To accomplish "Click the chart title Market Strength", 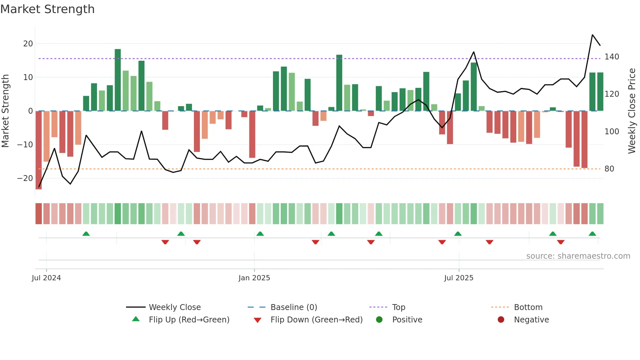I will coord(47,9).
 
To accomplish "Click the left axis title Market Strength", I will coord(5,111).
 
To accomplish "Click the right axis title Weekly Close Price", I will coord(632,111).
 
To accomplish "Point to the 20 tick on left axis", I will coord(28,44).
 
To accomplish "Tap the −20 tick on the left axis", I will coord(25,178).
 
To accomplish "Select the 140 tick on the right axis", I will coord(612,57).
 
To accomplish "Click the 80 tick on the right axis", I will coord(609,169).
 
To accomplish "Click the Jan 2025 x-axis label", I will coord(254,278).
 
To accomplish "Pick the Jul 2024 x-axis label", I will coord(46,278).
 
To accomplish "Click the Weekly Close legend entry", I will coord(175,307).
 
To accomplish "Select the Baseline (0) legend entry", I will coord(294,307).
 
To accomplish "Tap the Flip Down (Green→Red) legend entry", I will coord(316,320).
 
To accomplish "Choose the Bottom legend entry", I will coord(528,307).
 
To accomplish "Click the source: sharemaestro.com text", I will coord(578,256).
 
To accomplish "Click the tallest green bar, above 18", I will coord(118,80).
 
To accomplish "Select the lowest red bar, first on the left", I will coord(39,150).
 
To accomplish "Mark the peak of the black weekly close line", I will coord(592,35).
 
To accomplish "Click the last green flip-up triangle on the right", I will coord(592,234).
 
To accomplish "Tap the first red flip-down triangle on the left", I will coord(165,242).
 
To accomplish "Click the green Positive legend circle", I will coord(379,320).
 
